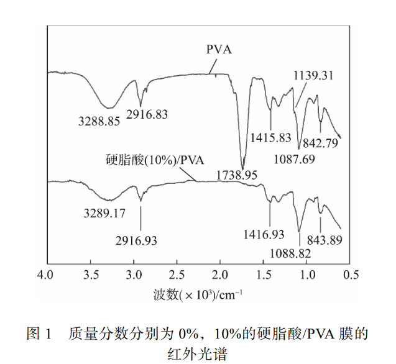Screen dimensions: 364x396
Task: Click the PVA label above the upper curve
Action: pos(219,49)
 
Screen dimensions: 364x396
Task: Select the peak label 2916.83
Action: pos(147,114)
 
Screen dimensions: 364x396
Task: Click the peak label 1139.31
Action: pos(314,75)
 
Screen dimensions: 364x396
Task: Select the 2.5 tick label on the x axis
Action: pos(177,274)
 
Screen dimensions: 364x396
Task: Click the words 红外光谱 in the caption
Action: pos(198,353)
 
